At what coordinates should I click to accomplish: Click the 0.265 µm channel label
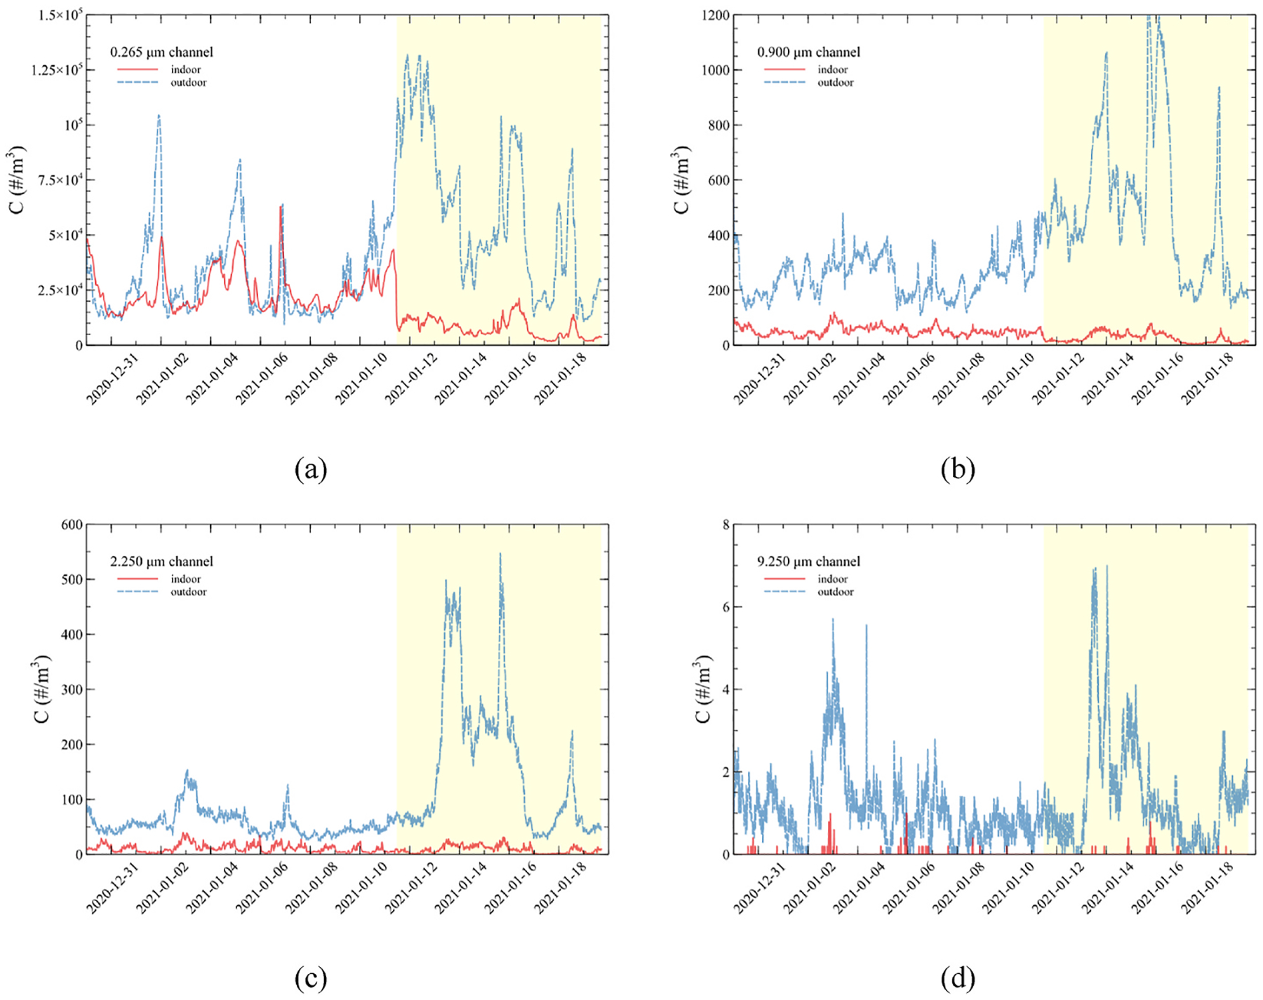tap(161, 52)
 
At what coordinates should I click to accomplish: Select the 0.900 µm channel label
tap(808, 52)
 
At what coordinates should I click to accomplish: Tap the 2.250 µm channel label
tap(161, 562)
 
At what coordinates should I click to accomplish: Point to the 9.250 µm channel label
tap(808, 562)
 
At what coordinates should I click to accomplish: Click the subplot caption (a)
tap(311, 468)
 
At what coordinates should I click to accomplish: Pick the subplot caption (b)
tap(958, 468)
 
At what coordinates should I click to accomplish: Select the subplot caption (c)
tap(311, 978)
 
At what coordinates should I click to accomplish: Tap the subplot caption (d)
tap(958, 978)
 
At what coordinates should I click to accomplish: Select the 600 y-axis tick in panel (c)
tap(73, 525)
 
